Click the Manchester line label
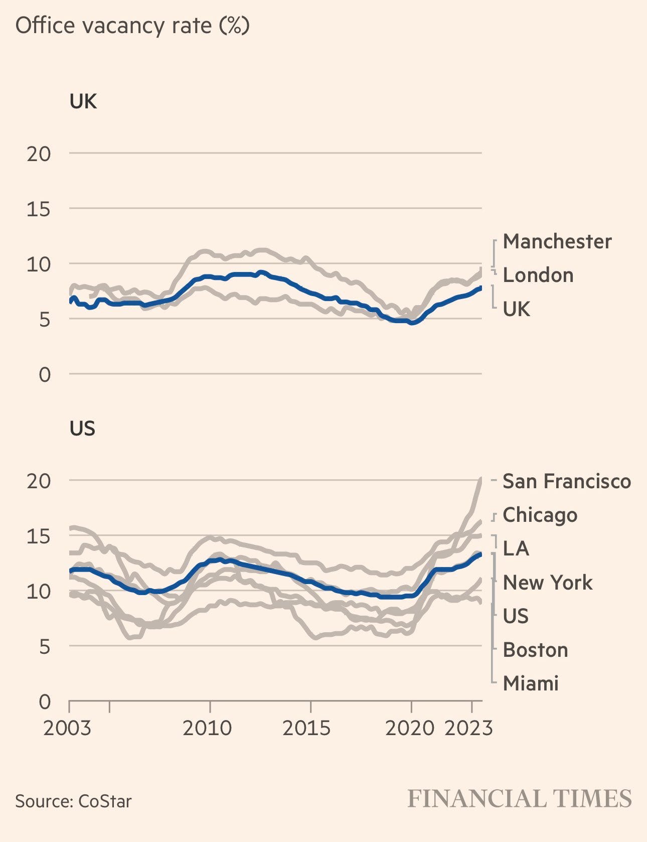click(557, 241)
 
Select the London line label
click(538, 275)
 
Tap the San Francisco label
click(566, 481)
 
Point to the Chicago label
click(540, 515)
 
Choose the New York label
click(547, 583)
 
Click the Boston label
click(535, 650)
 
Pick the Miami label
click(530, 683)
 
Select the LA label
click(516, 548)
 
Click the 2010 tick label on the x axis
click(207, 728)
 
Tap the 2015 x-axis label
click(306, 728)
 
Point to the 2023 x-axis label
click(468, 728)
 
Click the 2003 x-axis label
click(67, 728)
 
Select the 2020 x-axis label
click(409, 728)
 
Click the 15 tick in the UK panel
click(39, 209)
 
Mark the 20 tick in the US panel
click(39, 481)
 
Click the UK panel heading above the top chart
click(83, 101)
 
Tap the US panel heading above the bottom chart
click(82, 429)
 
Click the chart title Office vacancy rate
click(132, 26)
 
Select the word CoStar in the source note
click(105, 801)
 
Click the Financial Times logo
click(519, 798)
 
